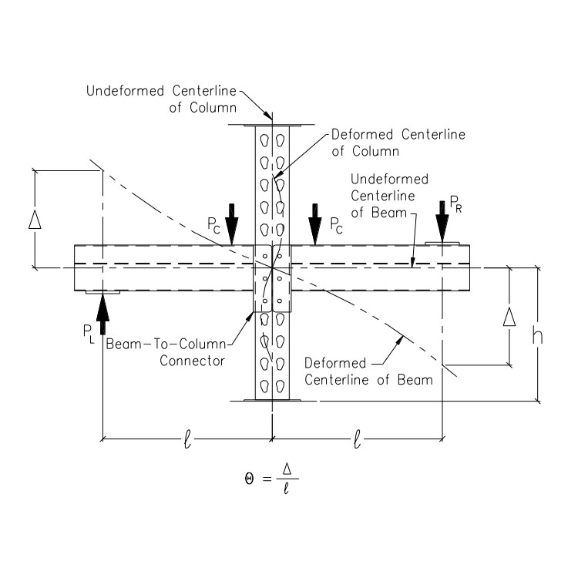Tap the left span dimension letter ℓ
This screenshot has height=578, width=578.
pyautogui.click(x=187, y=442)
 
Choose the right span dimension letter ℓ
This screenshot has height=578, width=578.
pyautogui.click(x=357, y=442)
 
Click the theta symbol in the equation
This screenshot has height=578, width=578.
pyautogui.click(x=250, y=478)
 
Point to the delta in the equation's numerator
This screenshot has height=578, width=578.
pyautogui.click(x=287, y=467)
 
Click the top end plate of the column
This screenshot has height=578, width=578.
pyautogui.click(x=271, y=124)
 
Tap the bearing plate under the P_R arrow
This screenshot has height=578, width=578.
pyautogui.click(x=442, y=244)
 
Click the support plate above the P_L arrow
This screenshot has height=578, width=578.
pyautogui.click(x=102, y=293)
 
